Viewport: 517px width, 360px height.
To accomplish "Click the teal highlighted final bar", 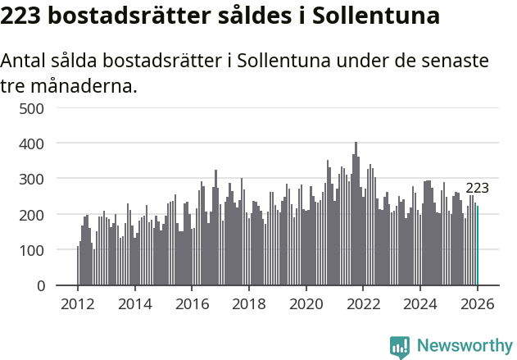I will (478, 246).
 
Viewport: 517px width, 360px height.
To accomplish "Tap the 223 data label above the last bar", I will (477, 188).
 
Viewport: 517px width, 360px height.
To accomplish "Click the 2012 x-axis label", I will (78, 303).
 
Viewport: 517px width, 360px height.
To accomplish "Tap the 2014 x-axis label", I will (135, 303).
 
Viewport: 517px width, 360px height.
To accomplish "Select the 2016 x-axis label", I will (192, 303).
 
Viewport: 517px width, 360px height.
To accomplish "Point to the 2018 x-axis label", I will (249, 303).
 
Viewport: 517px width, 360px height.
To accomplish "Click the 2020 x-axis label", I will (306, 303).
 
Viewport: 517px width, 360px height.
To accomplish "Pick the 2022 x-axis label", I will (363, 303).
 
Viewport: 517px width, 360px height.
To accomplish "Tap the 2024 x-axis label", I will (419, 303).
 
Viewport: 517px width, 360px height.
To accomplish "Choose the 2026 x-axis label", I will (477, 303).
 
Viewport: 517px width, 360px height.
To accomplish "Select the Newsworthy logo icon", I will (399, 346).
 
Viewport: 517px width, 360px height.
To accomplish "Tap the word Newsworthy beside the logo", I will (464, 346).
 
